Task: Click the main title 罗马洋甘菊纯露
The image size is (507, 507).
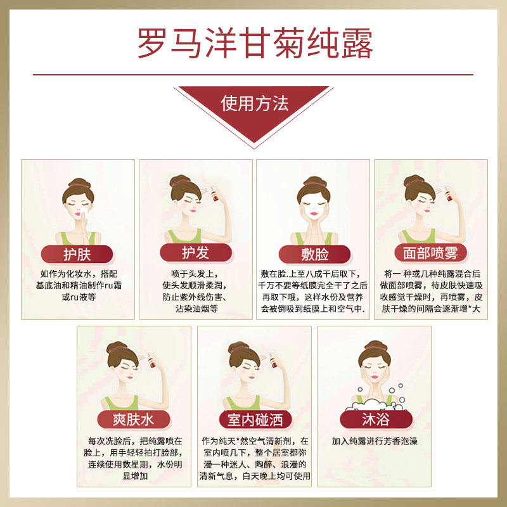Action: pyautogui.click(x=255, y=43)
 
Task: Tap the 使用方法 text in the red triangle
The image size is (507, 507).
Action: pyautogui.click(x=255, y=103)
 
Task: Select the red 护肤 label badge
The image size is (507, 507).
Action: pyautogui.click(x=77, y=254)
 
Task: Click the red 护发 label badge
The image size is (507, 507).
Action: pyautogui.click(x=196, y=252)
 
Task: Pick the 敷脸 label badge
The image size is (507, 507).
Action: pyautogui.click(x=314, y=254)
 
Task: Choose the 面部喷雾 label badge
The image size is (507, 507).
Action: pyautogui.click(x=431, y=253)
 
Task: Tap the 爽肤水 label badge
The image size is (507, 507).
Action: pyautogui.click(x=134, y=420)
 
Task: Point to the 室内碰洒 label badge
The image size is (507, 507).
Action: pyautogui.click(x=255, y=420)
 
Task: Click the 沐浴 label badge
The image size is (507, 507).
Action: pyautogui.click(x=376, y=420)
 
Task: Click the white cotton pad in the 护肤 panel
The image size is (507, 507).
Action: pyautogui.click(x=84, y=213)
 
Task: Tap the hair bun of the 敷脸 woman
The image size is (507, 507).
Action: pyautogui.click(x=314, y=181)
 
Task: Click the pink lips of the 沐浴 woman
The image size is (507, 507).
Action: pyautogui.click(x=375, y=377)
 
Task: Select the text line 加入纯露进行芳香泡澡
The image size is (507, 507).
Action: pyautogui.click(x=375, y=441)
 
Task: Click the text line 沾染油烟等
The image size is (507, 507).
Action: pyautogui.click(x=196, y=309)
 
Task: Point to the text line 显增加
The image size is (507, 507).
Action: pyautogui.click(x=135, y=476)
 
